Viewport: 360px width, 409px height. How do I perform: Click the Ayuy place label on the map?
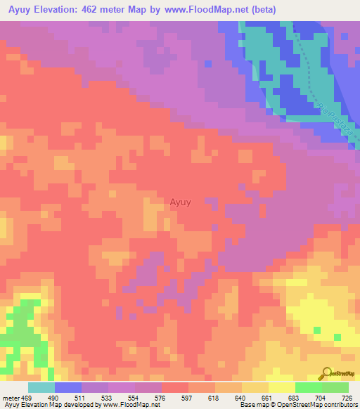[180, 202]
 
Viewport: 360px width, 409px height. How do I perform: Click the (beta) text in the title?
[257, 10]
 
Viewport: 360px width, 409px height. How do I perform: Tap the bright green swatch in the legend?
[309, 387]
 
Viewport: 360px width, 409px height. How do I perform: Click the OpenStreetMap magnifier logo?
[326, 373]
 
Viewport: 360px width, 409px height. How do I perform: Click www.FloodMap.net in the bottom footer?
[130, 405]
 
